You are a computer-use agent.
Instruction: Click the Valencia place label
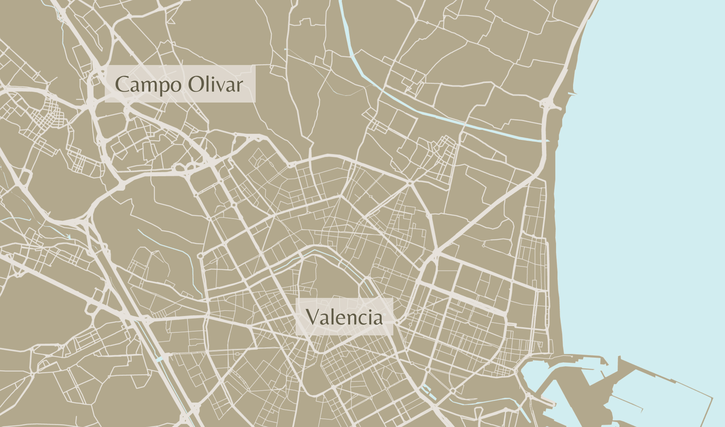[344, 317]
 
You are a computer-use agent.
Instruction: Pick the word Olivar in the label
[215, 84]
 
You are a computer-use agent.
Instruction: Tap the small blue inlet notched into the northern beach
[572, 93]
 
